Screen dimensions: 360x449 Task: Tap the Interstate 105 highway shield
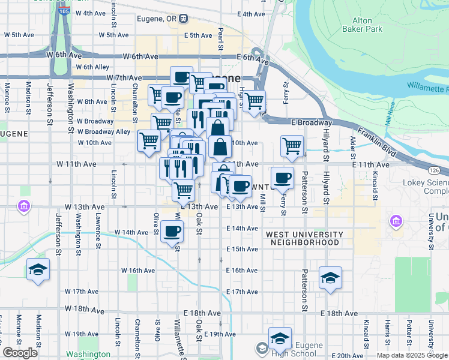tap(65, 11)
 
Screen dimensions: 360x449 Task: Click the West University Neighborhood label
tap(304, 238)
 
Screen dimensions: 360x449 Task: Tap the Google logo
tap(20, 353)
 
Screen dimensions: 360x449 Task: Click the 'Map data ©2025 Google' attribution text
tap(411, 355)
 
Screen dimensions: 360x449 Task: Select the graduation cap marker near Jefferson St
tap(38, 269)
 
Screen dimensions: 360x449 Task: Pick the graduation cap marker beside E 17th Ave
tap(330, 278)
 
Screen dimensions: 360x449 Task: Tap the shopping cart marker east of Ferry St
tap(292, 146)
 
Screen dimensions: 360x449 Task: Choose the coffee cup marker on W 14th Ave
tap(172, 230)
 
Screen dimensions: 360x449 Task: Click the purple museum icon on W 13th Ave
tap(23, 207)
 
